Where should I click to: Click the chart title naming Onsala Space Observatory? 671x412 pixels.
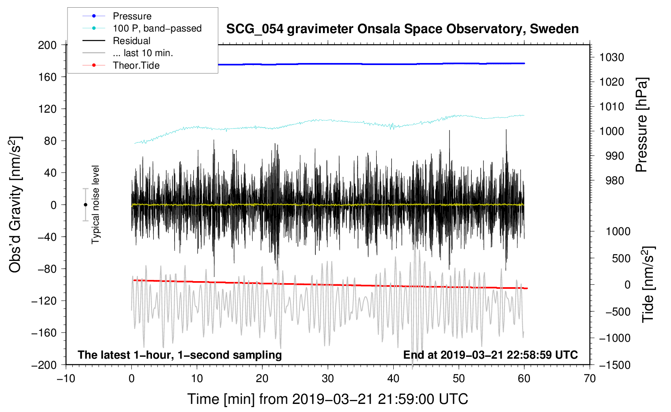[402, 29]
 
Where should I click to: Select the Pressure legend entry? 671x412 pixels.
[132, 16]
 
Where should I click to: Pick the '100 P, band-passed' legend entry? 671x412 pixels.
[157, 28]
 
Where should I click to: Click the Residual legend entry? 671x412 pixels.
[131, 41]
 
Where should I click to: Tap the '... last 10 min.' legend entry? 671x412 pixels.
[143, 53]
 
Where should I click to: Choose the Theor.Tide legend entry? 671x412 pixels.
[136, 65]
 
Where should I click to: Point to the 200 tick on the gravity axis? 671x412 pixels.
[47, 45]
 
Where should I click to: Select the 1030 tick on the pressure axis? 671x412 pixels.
[611, 57]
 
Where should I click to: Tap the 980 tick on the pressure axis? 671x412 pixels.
[614, 181]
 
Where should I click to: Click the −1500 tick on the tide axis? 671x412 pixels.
[614, 365]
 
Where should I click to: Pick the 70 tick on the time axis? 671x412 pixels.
[590, 378]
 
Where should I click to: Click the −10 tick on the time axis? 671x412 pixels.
[66, 378]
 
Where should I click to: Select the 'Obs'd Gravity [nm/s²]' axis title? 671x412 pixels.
[15, 204]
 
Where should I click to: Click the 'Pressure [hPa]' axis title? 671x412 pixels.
[641, 125]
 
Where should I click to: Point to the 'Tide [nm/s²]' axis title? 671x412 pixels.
[648, 284]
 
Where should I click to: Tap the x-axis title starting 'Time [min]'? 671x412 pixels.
[327, 399]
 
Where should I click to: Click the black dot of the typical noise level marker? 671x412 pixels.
[85, 205]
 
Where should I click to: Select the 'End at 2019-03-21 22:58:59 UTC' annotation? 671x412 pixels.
[490, 355]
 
